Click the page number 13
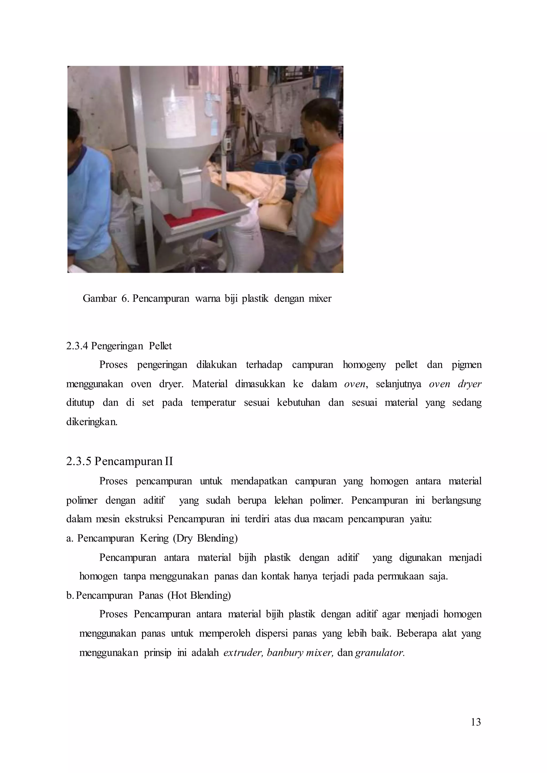pos(476,722)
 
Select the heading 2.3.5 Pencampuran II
pos(120,461)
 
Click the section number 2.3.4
pos(77,346)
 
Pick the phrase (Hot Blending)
pos(199,595)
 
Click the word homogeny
pos(364,365)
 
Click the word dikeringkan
pos(92,421)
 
